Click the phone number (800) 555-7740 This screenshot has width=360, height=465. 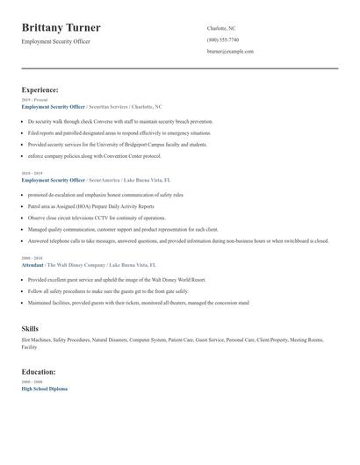(222, 39)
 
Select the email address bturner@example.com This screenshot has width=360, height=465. (230, 52)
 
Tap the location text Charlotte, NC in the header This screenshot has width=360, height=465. (221, 28)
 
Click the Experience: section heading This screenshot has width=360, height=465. (40, 89)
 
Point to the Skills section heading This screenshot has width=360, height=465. (30, 328)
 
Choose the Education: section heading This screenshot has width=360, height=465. (39, 371)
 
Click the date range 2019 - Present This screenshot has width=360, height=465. (32, 100)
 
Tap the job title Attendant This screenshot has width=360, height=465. (32, 264)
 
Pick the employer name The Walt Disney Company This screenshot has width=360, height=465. (75, 264)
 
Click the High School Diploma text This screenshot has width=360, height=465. (44, 388)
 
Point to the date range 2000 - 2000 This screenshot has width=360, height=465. (31, 382)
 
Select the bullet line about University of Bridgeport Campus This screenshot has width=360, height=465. (117, 144)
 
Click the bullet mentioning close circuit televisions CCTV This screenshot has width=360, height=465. (97, 217)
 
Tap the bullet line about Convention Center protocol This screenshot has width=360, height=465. (95, 155)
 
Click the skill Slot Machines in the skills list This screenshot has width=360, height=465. (36, 340)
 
